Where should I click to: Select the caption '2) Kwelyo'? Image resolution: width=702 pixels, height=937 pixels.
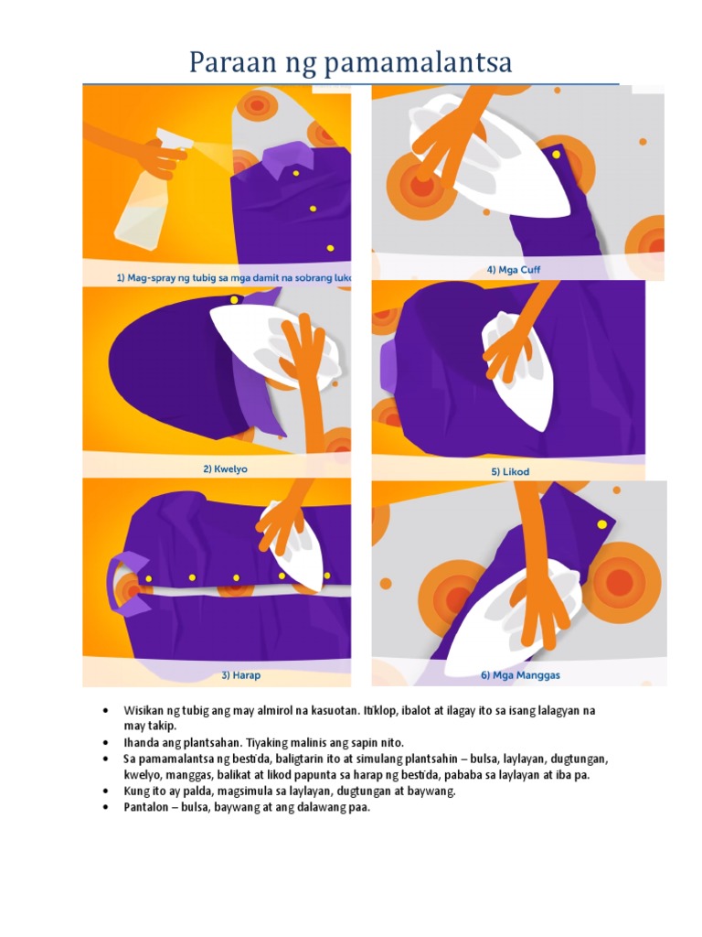point(225,469)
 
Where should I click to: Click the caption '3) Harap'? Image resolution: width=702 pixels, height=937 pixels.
point(241,675)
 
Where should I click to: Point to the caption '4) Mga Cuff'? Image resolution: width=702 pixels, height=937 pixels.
point(514,270)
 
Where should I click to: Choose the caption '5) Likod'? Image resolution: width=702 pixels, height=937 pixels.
point(510,471)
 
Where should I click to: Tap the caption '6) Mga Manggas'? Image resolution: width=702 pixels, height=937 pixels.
point(520,675)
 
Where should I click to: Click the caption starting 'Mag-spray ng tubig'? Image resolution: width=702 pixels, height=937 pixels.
point(233,278)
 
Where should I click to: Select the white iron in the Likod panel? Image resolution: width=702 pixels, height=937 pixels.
point(516,372)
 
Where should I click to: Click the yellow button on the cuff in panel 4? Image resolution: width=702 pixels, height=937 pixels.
point(556,155)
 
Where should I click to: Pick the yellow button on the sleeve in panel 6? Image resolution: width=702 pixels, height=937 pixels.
point(601,524)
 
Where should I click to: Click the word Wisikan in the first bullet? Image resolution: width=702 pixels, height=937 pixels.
point(144,711)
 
